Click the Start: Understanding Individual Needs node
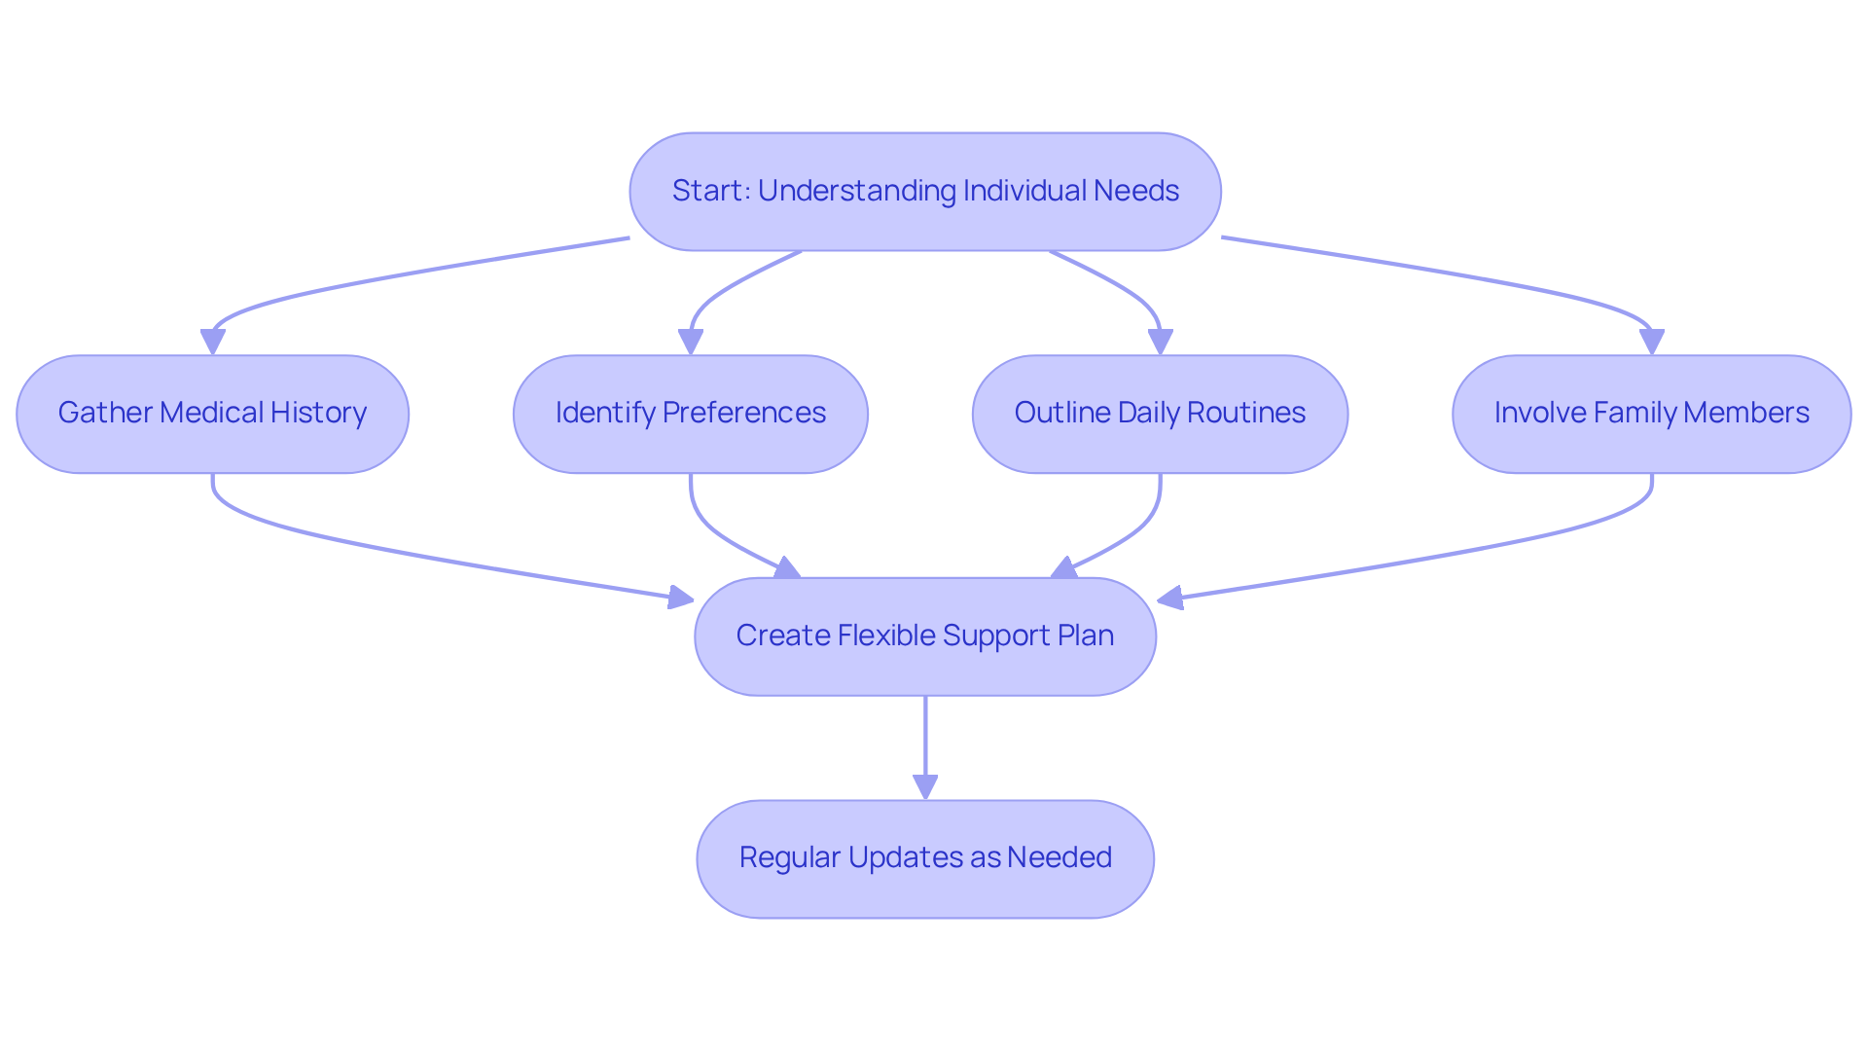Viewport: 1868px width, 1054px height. (925, 192)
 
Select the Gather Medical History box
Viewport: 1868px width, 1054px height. (212, 414)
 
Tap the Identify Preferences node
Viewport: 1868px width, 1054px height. (690, 414)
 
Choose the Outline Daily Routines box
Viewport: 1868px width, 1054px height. (1160, 414)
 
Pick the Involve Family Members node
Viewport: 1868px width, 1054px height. (1651, 414)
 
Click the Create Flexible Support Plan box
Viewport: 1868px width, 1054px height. (925, 636)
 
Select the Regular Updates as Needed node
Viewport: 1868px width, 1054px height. (925, 858)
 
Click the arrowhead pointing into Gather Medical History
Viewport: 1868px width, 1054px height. (212, 342)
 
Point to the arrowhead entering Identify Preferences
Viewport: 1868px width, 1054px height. (691, 342)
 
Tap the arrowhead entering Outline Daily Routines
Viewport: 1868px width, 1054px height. (1160, 342)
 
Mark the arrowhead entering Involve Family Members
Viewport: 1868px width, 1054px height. (1651, 342)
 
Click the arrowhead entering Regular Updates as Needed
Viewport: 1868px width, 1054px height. (925, 786)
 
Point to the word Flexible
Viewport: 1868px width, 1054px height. (886, 636)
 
